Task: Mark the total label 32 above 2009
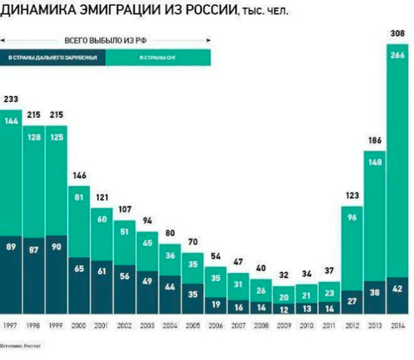pyautogui.click(x=284, y=276)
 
